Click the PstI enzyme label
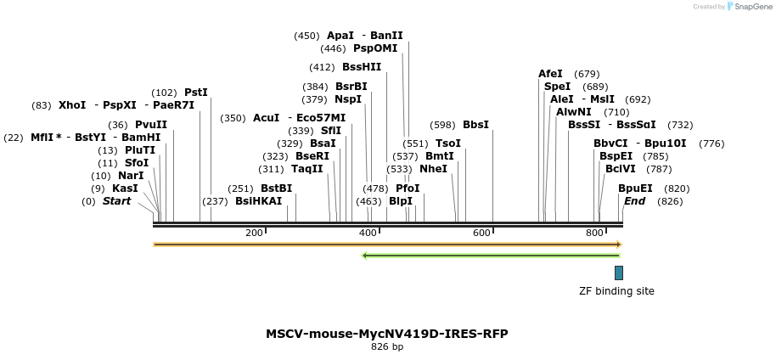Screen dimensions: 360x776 196,93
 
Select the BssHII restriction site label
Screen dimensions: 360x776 362,67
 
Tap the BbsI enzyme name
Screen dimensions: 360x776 475,125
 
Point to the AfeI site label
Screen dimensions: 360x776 550,74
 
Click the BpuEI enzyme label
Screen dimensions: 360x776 635,188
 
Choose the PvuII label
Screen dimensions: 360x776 151,125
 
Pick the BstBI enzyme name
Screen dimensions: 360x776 276,188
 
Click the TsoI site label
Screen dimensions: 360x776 448,143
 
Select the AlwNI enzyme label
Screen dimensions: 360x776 574,112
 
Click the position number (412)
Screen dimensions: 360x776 322,67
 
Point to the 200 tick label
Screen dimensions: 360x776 254,233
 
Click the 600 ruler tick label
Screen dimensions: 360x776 481,233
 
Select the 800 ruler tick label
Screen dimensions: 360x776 594,233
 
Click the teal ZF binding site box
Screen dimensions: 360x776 619,273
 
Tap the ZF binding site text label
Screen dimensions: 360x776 616,291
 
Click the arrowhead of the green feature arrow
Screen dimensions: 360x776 364,255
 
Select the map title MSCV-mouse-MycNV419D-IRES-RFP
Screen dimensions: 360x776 387,334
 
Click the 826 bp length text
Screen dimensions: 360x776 387,346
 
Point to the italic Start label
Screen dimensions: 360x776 117,201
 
